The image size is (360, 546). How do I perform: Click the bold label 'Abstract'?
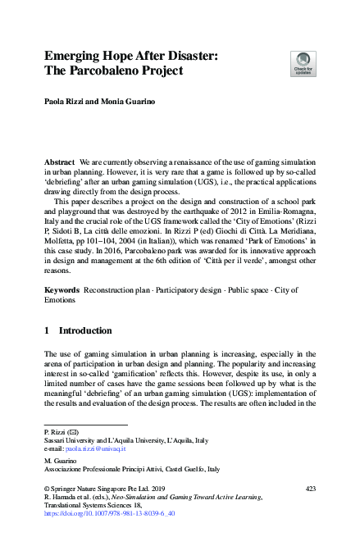pos(59,164)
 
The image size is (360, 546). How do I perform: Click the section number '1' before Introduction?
pos(47,331)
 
